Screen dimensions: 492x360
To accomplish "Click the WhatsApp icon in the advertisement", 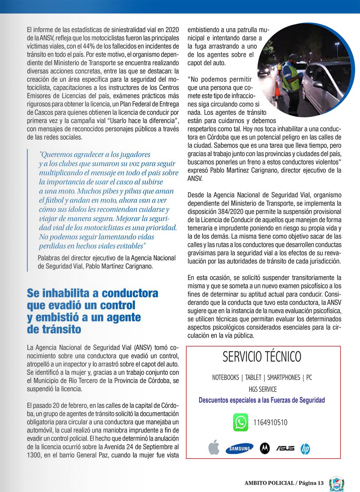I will (241, 422).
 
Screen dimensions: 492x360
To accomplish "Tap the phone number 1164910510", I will (270, 422).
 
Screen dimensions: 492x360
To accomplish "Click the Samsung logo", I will (239, 449).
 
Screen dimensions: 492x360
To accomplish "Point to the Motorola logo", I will (265, 448).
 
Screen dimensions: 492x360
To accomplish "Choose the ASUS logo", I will (285, 448).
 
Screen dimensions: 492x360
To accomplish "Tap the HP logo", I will (305, 449).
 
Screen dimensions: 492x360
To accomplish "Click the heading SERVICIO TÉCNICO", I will (262, 357).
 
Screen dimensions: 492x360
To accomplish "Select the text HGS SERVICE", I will (263, 389).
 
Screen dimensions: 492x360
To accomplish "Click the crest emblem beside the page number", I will (337, 483).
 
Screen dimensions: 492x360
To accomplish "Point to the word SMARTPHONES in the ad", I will (284, 377).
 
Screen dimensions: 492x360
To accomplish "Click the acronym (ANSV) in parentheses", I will (143, 348).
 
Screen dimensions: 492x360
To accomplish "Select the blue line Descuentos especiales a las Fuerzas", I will (262, 400).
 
